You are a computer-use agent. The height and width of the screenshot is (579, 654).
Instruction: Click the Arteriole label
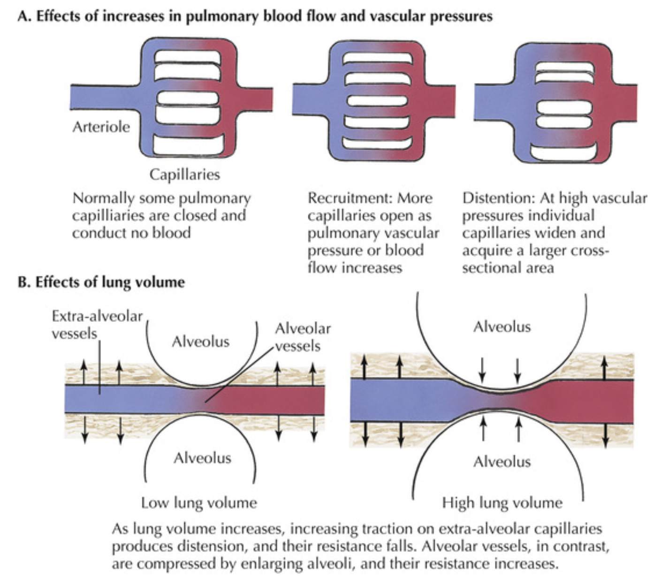(x=101, y=127)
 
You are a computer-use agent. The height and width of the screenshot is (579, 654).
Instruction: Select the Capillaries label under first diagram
(x=184, y=175)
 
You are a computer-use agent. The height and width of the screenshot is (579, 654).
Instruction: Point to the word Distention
(x=498, y=198)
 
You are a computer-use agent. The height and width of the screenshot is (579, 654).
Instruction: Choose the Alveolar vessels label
(x=303, y=337)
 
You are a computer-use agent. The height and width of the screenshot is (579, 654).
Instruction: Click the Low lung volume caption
(x=199, y=503)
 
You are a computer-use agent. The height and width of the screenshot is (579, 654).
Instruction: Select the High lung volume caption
(x=502, y=503)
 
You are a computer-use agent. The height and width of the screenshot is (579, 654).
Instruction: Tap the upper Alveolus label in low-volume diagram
(x=200, y=341)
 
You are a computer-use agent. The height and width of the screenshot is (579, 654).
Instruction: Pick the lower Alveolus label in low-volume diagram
(x=202, y=457)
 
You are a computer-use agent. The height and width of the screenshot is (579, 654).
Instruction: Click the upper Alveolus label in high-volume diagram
(x=502, y=327)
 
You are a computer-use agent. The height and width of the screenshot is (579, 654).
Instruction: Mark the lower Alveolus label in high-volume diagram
(x=502, y=462)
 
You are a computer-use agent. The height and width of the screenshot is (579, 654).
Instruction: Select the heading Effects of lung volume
(x=110, y=282)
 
